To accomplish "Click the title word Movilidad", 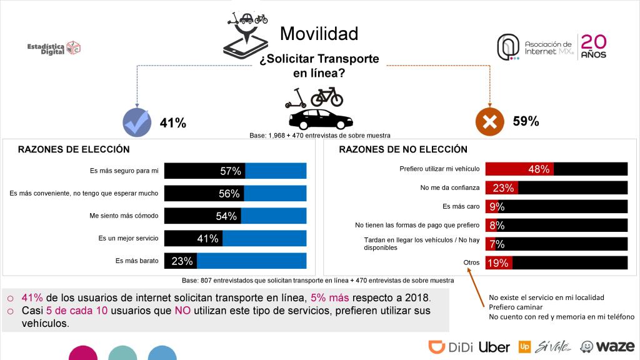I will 319,33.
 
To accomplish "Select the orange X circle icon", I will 490,121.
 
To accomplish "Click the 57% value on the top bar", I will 231,171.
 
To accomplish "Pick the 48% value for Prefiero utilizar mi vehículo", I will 539,169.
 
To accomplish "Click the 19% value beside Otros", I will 497,263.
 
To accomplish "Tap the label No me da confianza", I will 450,187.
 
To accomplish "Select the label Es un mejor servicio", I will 128,239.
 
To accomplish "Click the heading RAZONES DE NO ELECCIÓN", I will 403,149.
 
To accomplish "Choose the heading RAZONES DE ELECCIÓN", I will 74,149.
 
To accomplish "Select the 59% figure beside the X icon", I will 526,121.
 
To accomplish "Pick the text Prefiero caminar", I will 516,307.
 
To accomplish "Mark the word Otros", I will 470,262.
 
